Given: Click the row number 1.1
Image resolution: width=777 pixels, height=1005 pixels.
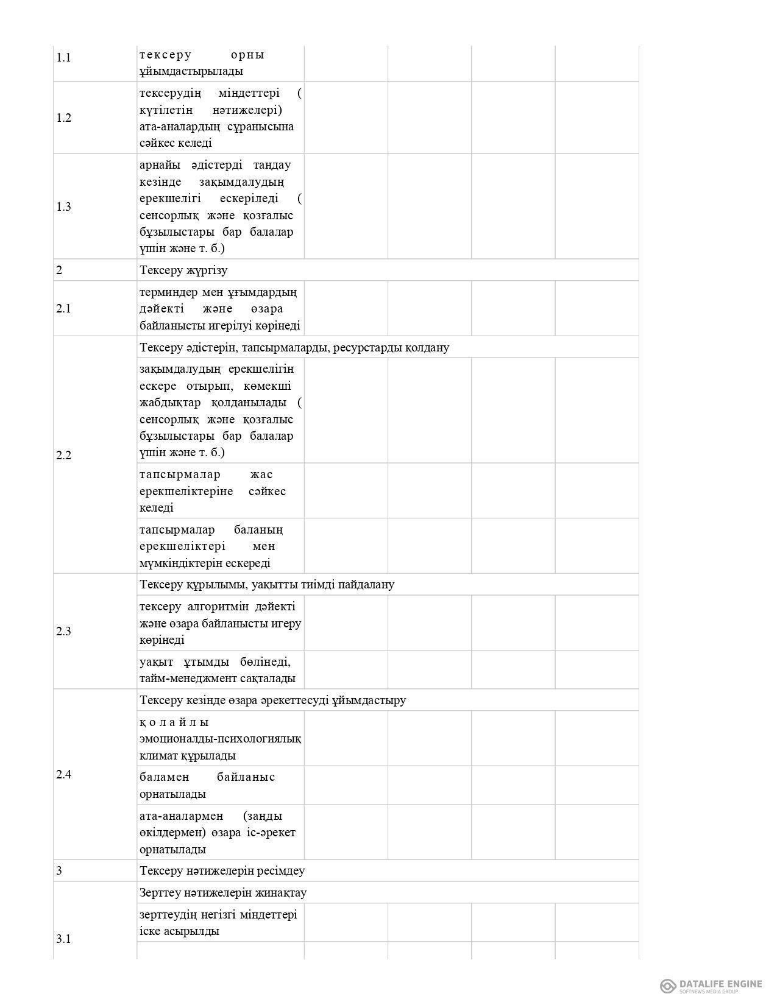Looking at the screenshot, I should click(63, 58).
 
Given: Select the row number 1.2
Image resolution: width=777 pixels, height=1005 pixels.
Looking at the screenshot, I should click(63, 118).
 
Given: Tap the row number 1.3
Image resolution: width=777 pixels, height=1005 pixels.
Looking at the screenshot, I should click(63, 207).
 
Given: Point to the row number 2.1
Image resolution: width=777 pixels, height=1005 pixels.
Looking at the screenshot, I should click(63, 309).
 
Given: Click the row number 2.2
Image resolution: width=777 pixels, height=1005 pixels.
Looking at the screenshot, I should click(63, 456).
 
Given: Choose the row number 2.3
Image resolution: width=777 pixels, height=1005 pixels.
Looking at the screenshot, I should click(63, 632).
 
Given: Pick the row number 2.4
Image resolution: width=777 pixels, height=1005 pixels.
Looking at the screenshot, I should click(63, 775).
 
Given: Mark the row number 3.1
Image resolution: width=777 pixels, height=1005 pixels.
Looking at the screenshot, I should click(63, 939).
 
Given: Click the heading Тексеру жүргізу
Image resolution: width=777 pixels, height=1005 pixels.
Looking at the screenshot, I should click(183, 270).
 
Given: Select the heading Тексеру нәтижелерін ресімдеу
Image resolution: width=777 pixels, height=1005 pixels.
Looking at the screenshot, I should click(222, 871).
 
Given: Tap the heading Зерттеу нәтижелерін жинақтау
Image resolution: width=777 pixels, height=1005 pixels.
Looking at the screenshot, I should click(223, 893).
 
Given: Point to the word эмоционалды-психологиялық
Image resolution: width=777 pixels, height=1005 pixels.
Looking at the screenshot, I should click(220, 739).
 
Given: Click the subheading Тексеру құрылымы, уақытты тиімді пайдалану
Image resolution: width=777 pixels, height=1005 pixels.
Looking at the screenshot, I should click(267, 585).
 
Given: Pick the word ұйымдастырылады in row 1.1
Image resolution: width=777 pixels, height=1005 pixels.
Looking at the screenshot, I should click(191, 71).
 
